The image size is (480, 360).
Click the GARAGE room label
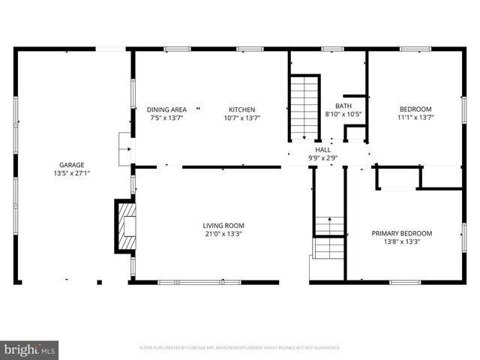(72, 165)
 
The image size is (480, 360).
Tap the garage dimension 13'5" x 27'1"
(72, 173)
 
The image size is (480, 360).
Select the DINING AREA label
(166, 109)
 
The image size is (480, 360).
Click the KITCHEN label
(241, 109)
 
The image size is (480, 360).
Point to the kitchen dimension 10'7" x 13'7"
(241, 118)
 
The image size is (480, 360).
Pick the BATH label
(343, 106)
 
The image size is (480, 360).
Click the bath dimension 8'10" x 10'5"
(343, 114)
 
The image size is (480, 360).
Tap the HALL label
(322, 150)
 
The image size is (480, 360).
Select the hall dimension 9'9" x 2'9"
(322, 158)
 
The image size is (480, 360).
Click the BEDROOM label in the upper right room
(415, 109)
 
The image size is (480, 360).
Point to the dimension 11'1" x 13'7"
(415, 117)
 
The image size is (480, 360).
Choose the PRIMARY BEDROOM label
(401, 233)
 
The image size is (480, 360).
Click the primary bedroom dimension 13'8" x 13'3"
(401, 241)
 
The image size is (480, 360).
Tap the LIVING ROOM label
(223, 226)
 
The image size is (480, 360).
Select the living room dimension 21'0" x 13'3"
(223, 234)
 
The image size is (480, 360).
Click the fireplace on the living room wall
(124, 226)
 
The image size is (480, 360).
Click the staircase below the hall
(328, 237)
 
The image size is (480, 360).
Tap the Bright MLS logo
(30, 349)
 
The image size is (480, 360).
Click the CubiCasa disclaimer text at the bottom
(239, 348)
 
